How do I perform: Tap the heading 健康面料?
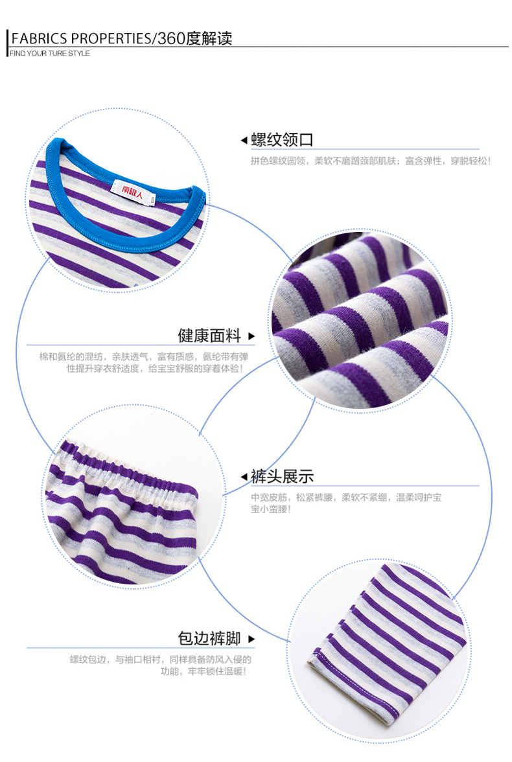(209, 336)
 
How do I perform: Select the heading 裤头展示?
(282, 476)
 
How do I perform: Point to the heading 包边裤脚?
(209, 638)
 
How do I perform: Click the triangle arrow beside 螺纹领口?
(244, 140)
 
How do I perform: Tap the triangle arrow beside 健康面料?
(251, 336)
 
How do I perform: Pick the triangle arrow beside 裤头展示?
(244, 477)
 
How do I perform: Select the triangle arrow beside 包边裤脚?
(251, 639)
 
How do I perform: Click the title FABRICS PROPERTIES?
(80, 38)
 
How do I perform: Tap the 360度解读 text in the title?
(195, 38)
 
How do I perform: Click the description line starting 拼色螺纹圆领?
(371, 160)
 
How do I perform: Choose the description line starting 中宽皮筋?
(347, 498)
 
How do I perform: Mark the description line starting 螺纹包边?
(160, 660)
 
